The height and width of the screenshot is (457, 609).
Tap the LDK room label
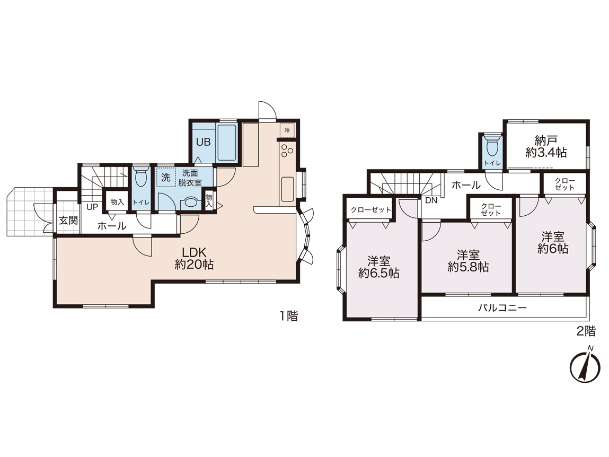(x=194, y=258)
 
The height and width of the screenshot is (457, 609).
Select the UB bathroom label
(x=203, y=142)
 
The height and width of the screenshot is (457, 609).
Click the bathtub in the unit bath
(x=227, y=143)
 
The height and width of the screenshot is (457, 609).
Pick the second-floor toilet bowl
(x=492, y=145)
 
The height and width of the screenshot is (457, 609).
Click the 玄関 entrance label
(x=68, y=221)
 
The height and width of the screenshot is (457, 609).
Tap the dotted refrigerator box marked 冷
(x=287, y=130)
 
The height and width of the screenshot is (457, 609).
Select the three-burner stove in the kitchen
(x=287, y=151)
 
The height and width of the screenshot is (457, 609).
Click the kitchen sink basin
(x=287, y=189)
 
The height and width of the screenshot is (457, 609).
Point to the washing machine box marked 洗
(x=165, y=178)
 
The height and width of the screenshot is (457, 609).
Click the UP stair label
(x=92, y=207)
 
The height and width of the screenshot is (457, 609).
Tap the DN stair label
(x=431, y=201)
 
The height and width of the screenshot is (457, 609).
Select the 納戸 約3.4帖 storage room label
(x=546, y=146)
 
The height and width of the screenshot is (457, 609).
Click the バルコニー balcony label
(x=502, y=308)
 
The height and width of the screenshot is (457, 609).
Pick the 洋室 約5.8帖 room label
(x=468, y=261)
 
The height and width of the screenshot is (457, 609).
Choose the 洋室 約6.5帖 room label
(x=378, y=267)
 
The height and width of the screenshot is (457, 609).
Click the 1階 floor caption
(x=289, y=317)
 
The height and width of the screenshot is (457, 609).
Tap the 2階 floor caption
(x=586, y=331)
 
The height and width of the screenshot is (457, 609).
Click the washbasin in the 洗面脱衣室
(x=190, y=202)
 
